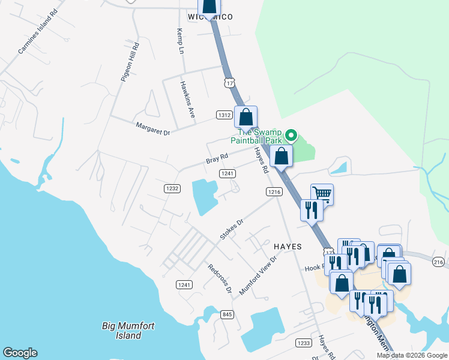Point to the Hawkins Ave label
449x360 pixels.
pyautogui.click(x=188, y=100)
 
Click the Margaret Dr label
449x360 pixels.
pyautogui.click(x=153, y=127)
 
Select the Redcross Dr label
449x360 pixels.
pyautogui.click(x=220, y=278)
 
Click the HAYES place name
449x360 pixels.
pyautogui.click(x=288, y=247)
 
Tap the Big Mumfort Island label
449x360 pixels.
pyautogui.click(x=129, y=331)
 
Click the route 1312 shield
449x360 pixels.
pyautogui.click(x=224, y=115)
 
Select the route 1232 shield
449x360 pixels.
pyautogui.click(x=172, y=188)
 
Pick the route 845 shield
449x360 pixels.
pyautogui.click(x=227, y=314)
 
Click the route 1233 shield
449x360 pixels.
pyautogui.click(x=303, y=343)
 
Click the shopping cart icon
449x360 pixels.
pyautogui.click(x=322, y=194)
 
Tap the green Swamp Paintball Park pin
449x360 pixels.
pyautogui.click(x=291, y=136)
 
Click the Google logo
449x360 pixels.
pyautogui.click(x=20, y=353)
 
